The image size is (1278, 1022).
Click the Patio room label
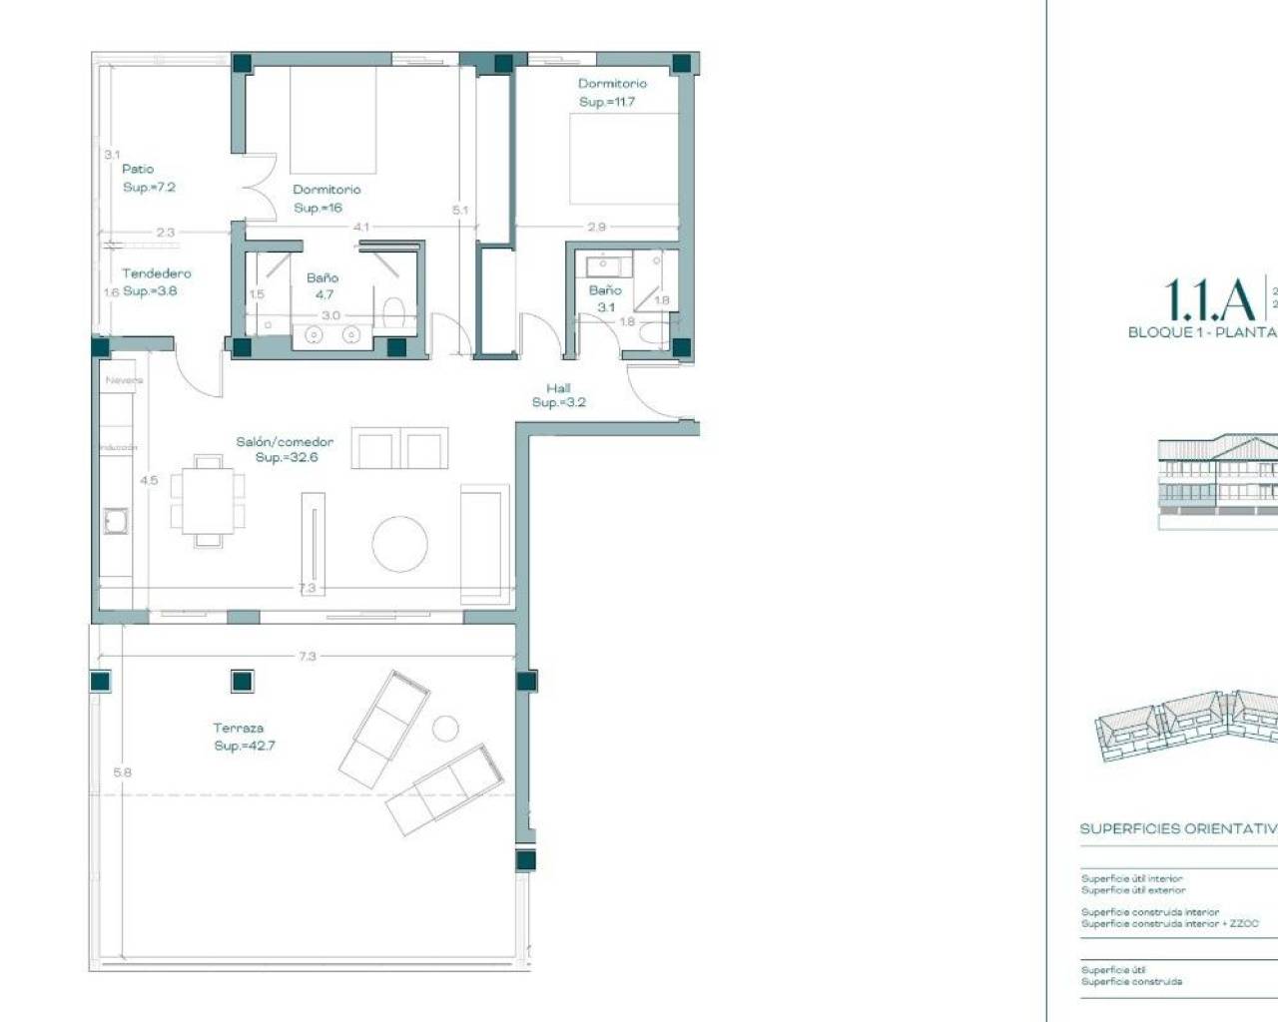(x=138, y=170)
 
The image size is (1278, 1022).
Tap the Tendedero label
(x=156, y=273)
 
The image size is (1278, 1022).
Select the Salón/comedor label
(x=285, y=442)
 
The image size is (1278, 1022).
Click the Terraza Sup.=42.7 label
(x=243, y=737)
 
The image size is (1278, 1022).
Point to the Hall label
(x=558, y=388)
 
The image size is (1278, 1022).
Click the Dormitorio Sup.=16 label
(x=325, y=199)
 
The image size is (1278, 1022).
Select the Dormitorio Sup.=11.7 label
(x=611, y=93)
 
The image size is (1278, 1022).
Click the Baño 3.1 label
(x=605, y=298)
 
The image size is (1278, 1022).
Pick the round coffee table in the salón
(x=400, y=544)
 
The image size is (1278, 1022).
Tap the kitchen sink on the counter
(x=116, y=521)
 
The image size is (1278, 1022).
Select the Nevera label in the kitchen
(x=124, y=380)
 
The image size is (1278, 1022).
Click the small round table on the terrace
(x=445, y=729)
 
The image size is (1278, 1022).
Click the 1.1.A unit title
(x=1209, y=299)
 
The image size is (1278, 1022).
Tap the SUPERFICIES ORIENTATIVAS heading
(x=1178, y=829)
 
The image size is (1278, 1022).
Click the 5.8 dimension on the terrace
(x=122, y=772)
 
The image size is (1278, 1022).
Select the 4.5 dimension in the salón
(x=149, y=481)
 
